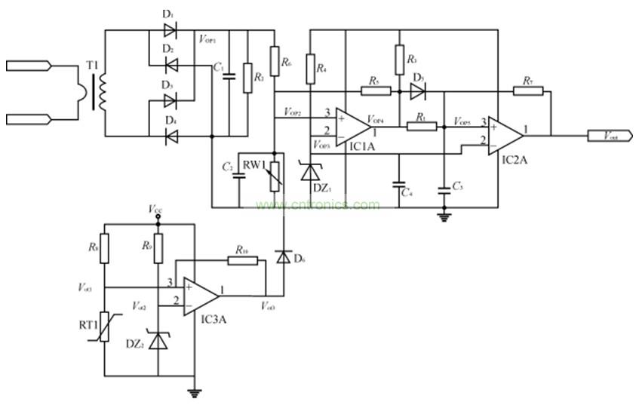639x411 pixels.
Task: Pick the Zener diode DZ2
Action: tap(158, 341)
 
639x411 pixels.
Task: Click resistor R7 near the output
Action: tap(527, 91)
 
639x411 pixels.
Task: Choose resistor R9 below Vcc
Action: tap(158, 248)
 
